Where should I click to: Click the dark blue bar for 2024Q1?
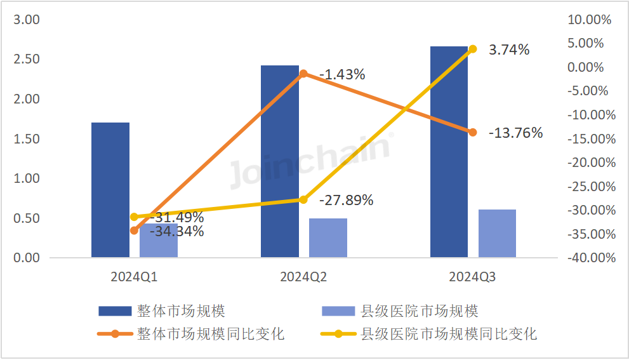click(110, 190)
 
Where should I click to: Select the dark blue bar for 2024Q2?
click(280, 161)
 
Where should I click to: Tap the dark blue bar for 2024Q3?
click(449, 152)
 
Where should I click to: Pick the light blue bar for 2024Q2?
click(328, 238)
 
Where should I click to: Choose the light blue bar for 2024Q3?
click(497, 234)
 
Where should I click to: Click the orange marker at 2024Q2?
click(303, 74)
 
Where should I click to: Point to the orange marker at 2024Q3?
click(472, 132)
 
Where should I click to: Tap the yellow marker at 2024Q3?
click(472, 49)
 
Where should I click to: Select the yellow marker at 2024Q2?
click(303, 200)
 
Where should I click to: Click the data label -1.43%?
click(342, 74)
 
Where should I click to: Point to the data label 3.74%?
click(509, 50)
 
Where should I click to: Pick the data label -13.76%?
click(515, 133)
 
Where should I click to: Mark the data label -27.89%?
click(346, 201)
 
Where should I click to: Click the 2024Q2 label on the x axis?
click(303, 277)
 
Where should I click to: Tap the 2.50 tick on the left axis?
click(27, 60)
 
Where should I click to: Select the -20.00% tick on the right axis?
click(590, 163)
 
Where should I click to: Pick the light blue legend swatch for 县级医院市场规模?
click(338, 311)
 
